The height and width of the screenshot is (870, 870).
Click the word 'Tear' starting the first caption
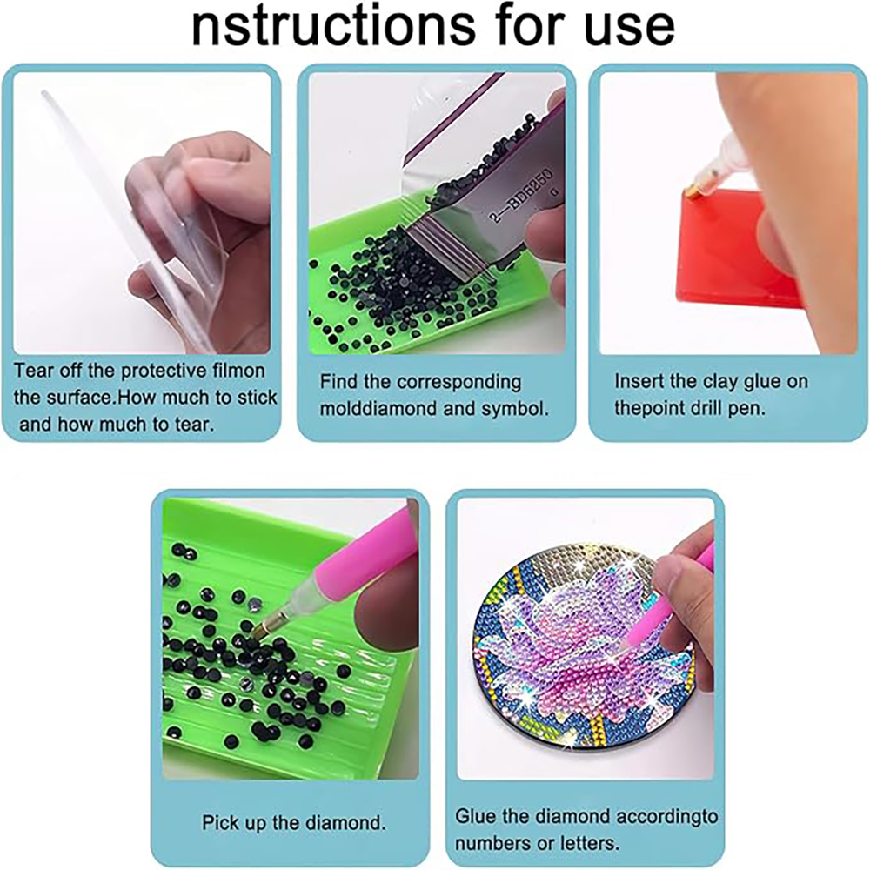[x=33, y=371]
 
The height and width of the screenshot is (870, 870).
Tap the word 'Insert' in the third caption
[x=640, y=381]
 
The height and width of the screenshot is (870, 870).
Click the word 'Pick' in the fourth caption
[x=219, y=821]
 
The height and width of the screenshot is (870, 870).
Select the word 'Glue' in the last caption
[x=475, y=817]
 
